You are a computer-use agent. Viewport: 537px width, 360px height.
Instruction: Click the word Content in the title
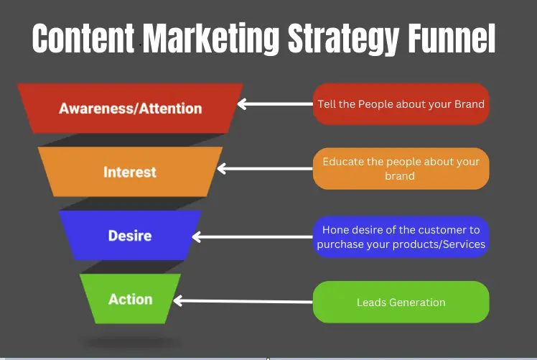pos(83,38)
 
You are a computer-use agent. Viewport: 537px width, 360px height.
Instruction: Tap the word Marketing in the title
pos(210,39)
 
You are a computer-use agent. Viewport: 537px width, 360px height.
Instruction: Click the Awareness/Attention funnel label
pos(131,109)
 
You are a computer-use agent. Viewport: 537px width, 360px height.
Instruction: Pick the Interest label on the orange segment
pos(130,172)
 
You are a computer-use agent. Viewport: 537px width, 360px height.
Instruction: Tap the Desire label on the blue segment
pos(130,236)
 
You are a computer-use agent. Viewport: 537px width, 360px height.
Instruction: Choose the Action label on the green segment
pos(131,299)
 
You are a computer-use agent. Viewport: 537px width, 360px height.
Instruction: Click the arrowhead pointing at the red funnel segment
pos(242,104)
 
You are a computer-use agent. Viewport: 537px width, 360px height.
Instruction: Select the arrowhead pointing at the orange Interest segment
pos(222,168)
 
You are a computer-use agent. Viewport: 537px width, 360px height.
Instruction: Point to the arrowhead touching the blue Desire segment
pos(197,236)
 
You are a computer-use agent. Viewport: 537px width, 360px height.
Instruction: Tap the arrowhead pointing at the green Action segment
pos(178,300)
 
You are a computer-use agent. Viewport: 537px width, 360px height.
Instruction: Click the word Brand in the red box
pos(470,104)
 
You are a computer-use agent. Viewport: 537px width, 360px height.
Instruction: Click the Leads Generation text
pos(401,303)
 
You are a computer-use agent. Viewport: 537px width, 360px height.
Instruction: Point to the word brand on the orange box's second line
pos(400,176)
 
